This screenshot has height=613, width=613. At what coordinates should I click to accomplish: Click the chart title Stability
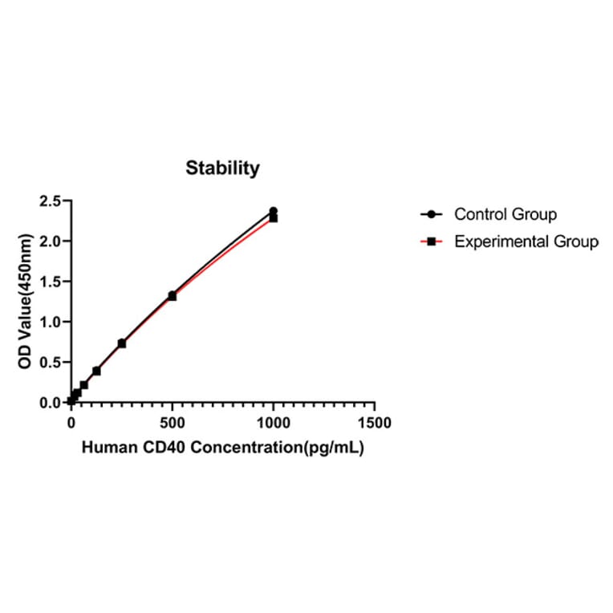coord(223,168)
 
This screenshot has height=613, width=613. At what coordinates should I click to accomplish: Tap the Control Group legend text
coord(505,214)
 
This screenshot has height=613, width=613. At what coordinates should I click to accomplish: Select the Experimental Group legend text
coord(526,241)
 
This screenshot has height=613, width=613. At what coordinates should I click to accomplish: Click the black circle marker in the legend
coord(432,214)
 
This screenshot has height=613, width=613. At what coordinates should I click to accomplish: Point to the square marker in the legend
coord(432,241)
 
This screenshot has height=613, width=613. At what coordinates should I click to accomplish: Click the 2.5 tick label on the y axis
coord(51,201)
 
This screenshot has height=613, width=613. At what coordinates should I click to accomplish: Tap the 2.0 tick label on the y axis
coord(51,241)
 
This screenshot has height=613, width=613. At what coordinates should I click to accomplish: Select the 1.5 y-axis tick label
coord(51,282)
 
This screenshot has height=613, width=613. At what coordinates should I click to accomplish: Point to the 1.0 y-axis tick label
coord(51,322)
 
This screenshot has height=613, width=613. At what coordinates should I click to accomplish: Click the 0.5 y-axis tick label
coord(51,362)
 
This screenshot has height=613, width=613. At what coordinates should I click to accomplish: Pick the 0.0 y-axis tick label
coord(51,402)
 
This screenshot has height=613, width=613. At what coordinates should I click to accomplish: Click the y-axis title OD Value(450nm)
coord(26,301)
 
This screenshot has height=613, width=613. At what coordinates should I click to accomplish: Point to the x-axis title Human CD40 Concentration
coord(223,449)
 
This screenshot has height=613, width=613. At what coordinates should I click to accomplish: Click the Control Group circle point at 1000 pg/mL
coord(274,211)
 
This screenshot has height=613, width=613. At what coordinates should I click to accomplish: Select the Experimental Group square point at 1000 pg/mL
coord(274,218)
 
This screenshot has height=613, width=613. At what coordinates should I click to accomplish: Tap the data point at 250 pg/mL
coord(122,343)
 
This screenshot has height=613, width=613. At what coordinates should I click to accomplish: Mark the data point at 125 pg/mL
coord(96,371)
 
